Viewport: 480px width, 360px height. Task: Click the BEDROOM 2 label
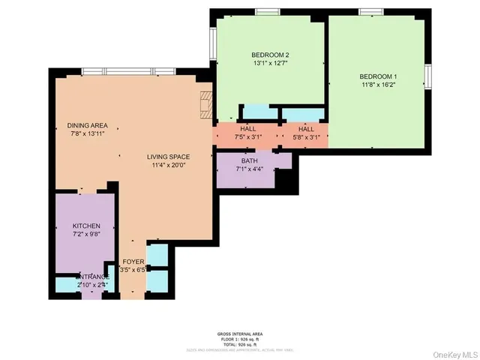(270, 55)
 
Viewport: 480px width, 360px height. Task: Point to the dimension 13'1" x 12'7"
(270, 64)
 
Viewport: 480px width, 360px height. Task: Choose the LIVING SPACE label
(168, 156)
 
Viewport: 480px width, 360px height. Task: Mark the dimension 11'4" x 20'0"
(168, 165)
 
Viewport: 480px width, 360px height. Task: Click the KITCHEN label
(86, 226)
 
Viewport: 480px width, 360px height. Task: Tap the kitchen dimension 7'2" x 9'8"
(86, 235)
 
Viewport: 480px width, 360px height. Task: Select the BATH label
(249, 160)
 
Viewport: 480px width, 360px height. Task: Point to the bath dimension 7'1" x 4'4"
(249, 169)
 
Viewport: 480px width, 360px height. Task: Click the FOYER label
(133, 261)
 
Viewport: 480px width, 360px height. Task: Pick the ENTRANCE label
(93, 276)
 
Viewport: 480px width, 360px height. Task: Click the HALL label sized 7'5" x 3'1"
(247, 129)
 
